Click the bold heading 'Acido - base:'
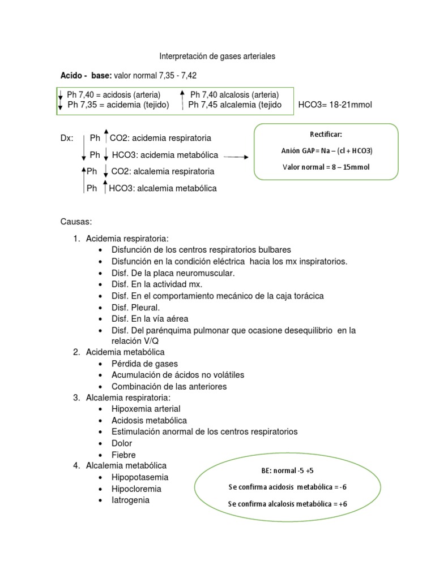point(87,75)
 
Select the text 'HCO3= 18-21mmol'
point(335,105)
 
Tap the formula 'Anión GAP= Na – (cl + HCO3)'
point(326,151)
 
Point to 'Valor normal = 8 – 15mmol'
point(326,167)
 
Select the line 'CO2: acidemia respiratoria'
point(160,138)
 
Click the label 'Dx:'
point(67,138)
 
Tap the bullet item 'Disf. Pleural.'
point(136,308)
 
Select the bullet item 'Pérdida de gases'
point(144,364)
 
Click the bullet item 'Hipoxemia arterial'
point(146,409)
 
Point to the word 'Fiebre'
point(123,455)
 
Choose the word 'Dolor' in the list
point(122,443)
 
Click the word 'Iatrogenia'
point(130,500)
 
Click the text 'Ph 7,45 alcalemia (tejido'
point(234,105)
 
